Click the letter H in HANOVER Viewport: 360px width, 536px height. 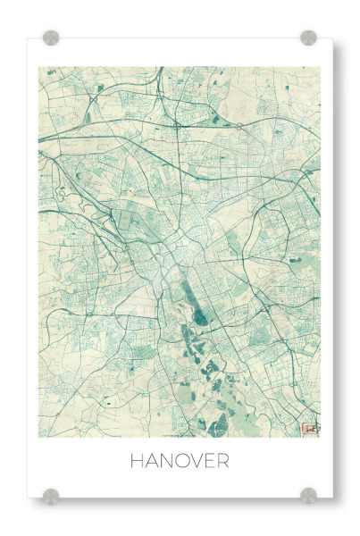click(137, 462)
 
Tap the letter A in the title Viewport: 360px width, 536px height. click(152, 462)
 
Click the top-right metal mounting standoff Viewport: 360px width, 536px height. click(308, 38)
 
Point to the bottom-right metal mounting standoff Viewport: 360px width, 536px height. click(308, 496)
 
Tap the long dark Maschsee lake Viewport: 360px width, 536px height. click(199, 307)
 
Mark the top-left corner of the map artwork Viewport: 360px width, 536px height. click(39, 68)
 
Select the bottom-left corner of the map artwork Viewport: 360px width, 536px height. click(39, 437)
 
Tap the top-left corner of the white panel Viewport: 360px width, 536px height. click(28, 38)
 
